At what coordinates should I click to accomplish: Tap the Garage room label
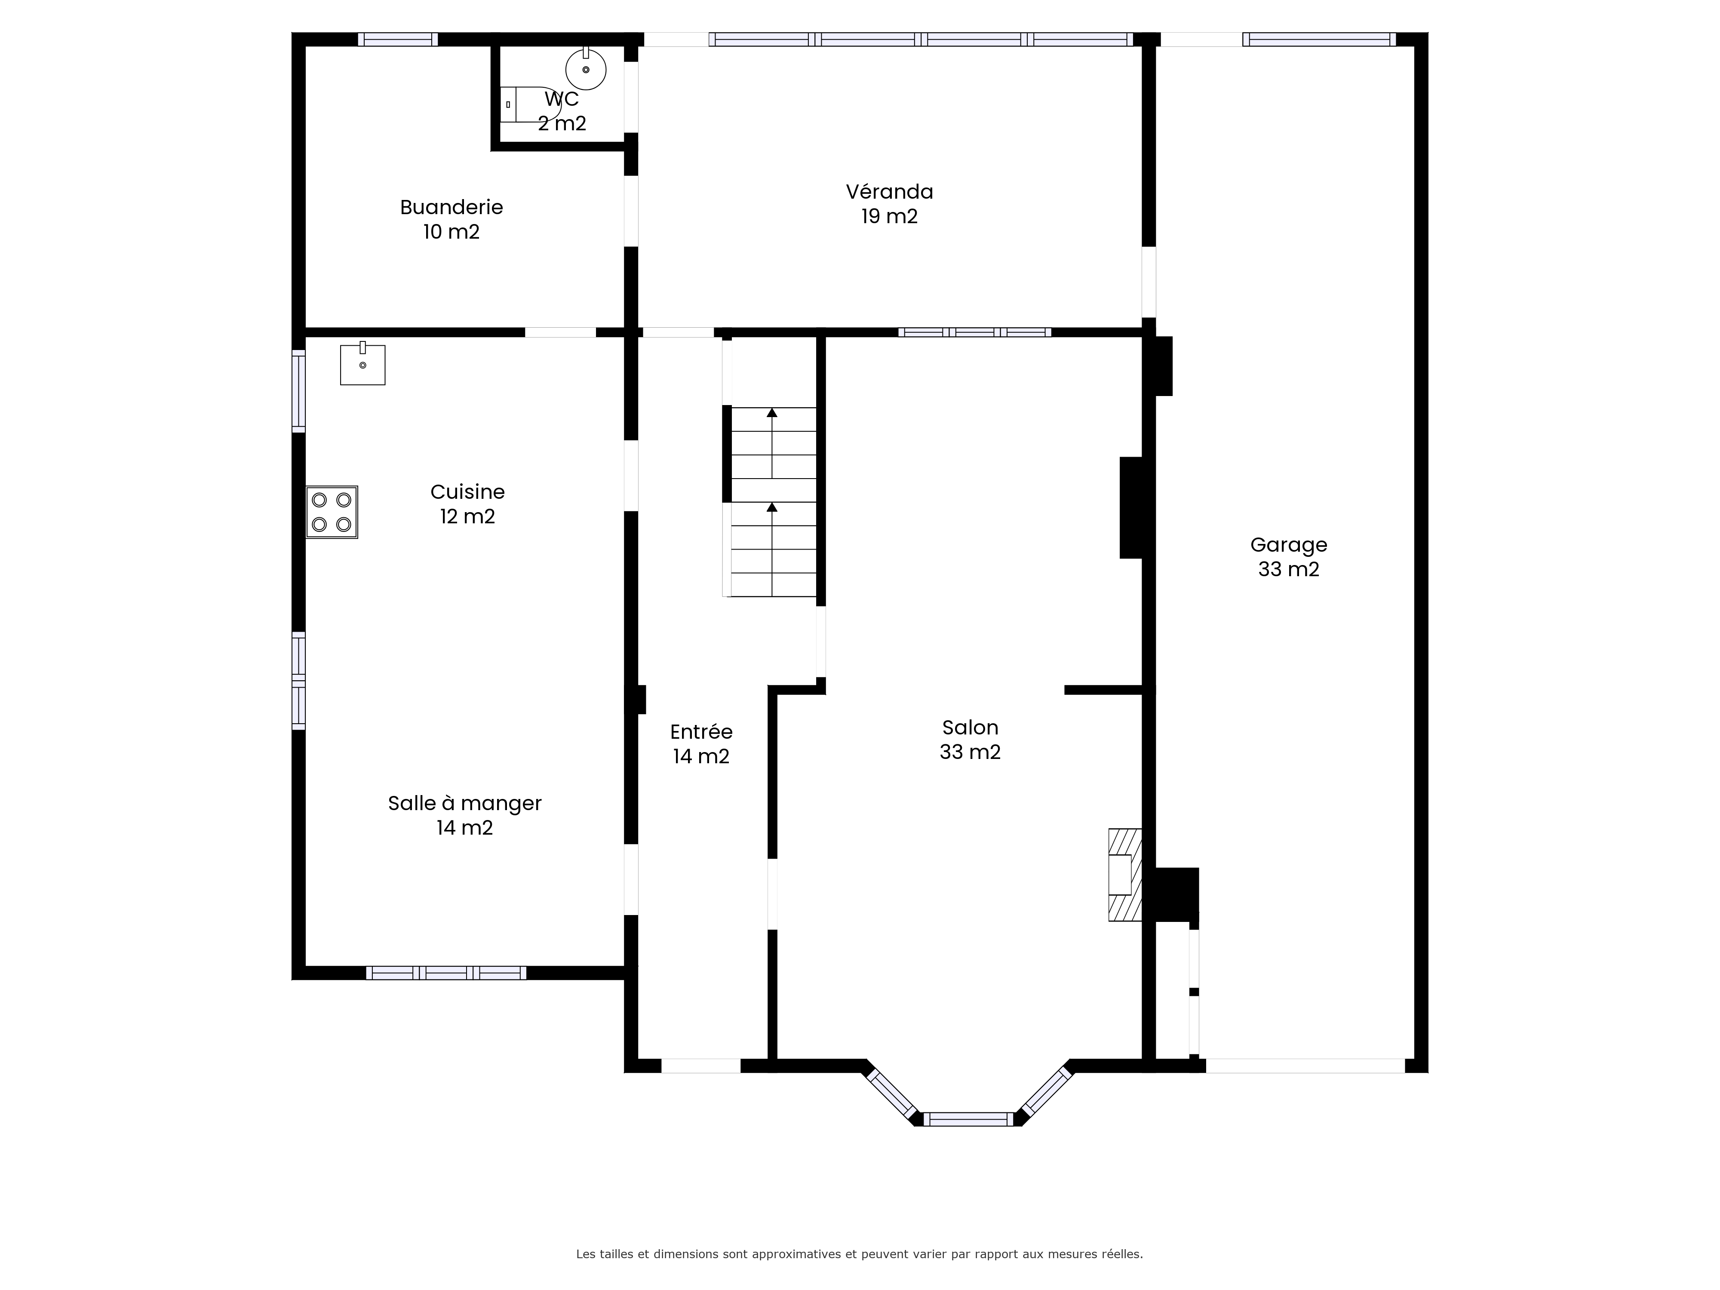tap(1288, 545)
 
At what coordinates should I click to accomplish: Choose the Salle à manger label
tap(464, 803)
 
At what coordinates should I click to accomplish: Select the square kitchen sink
tap(362, 364)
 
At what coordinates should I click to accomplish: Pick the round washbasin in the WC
tap(586, 68)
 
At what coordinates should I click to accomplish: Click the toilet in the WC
tap(529, 104)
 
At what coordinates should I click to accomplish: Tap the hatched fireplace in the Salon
tap(1124, 875)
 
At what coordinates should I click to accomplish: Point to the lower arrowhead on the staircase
tap(772, 507)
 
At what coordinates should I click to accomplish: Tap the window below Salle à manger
tap(446, 973)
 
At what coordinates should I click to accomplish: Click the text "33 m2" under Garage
tap(1288, 569)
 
